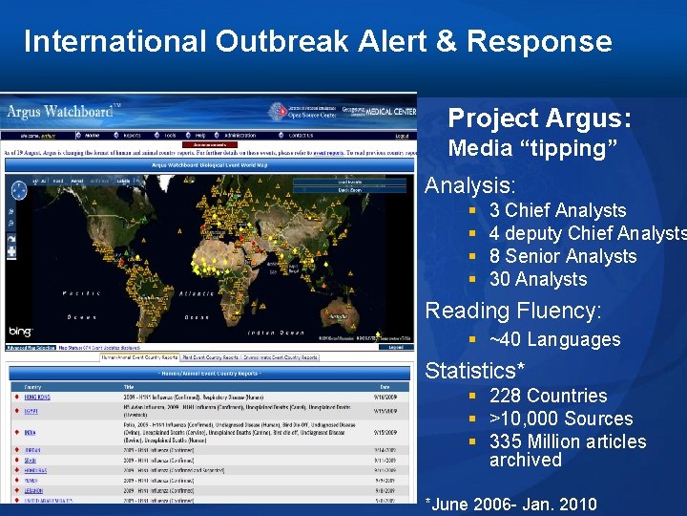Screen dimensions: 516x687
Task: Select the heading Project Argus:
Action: coord(539,118)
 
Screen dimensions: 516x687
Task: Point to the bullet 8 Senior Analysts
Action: coord(562,256)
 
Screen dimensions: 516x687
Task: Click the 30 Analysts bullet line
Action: coord(537,279)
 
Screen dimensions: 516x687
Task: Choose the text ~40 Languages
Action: coord(554,339)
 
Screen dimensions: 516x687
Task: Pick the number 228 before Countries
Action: coord(505,396)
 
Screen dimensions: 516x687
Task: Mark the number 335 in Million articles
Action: coord(505,441)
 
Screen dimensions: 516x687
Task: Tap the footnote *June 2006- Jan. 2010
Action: coord(510,504)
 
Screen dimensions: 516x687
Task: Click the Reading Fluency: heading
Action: coord(513,311)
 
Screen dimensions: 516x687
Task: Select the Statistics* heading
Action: coord(474,370)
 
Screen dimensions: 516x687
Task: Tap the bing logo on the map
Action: coord(20,331)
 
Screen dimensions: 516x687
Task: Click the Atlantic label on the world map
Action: coord(197,293)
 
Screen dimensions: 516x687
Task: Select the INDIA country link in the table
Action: coord(31,432)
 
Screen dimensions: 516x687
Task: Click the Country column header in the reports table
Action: coord(32,386)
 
